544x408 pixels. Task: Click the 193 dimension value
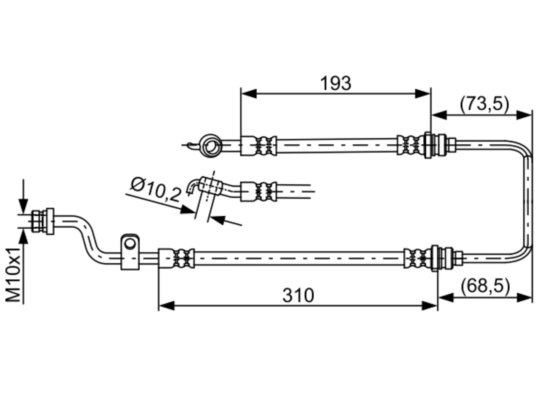coord(335,83)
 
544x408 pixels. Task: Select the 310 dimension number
coord(298,295)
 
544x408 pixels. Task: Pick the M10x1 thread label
coord(13,275)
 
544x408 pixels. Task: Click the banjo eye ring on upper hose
coord(211,146)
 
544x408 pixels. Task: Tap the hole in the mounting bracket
coord(130,244)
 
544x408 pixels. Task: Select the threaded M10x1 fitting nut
coord(43,221)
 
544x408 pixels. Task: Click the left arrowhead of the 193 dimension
coord(249,93)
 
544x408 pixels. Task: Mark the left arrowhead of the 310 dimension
coord(166,306)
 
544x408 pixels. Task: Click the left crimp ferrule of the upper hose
coord(258,146)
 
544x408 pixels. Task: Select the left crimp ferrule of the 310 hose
coord(176,258)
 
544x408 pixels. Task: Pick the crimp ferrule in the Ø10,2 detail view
coord(258,192)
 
